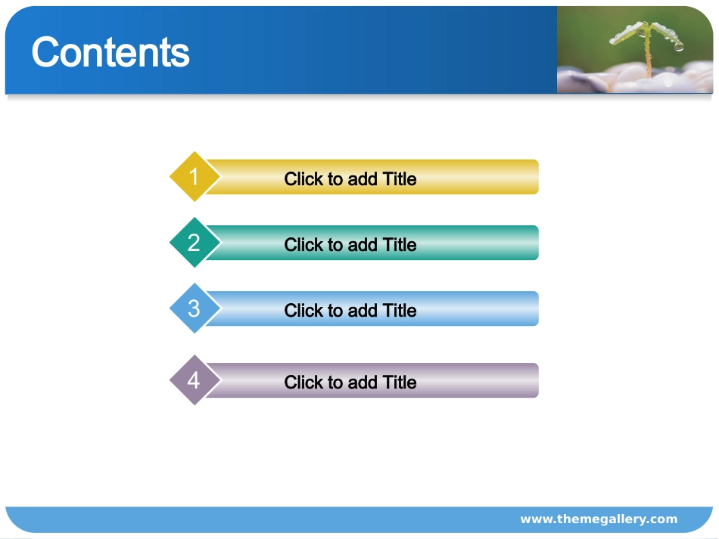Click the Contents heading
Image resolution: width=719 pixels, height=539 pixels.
(x=110, y=52)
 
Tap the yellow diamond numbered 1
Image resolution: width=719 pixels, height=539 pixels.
(x=195, y=176)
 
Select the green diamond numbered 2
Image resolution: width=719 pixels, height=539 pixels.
(x=195, y=242)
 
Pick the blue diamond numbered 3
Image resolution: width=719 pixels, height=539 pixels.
(x=195, y=308)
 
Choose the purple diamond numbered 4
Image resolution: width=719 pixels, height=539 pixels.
(x=195, y=380)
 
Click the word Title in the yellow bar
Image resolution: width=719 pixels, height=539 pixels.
(x=400, y=179)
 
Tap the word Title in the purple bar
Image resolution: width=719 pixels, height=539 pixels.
(x=400, y=383)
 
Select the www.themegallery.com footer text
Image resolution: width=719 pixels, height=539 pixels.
(x=599, y=519)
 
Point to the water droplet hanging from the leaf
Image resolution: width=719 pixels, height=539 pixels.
(x=679, y=47)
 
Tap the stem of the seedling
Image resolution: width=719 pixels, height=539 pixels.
(x=648, y=55)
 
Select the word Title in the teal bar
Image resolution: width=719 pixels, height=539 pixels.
(x=400, y=245)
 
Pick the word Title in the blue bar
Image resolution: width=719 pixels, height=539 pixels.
(x=400, y=311)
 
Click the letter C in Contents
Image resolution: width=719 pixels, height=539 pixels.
(x=44, y=52)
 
